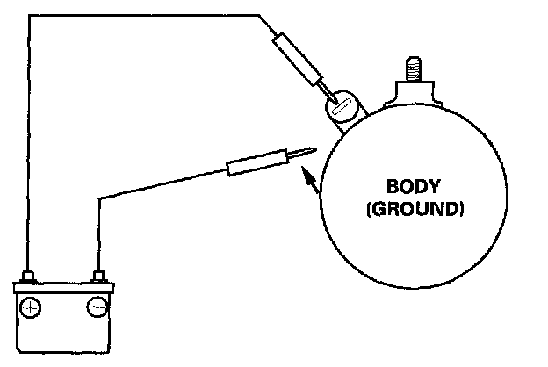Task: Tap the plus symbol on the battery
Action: coord(31,307)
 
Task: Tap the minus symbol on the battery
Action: coord(97,307)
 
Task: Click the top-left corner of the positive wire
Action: coord(30,16)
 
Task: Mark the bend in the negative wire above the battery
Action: coord(98,198)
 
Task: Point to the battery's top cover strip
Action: coord(63,287)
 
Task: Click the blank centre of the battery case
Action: coord(63,329)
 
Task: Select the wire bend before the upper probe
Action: coord(260,16)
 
